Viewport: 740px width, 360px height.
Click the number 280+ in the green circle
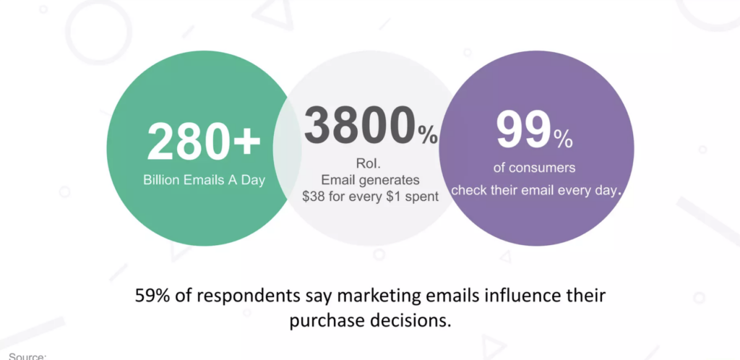204,142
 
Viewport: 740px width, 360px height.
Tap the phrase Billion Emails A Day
204,180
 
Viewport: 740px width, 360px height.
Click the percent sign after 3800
428,134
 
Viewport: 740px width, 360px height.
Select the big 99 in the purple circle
524,129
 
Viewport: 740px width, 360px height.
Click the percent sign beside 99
563,140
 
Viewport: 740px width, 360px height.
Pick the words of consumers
534,168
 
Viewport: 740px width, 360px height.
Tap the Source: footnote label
27,356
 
